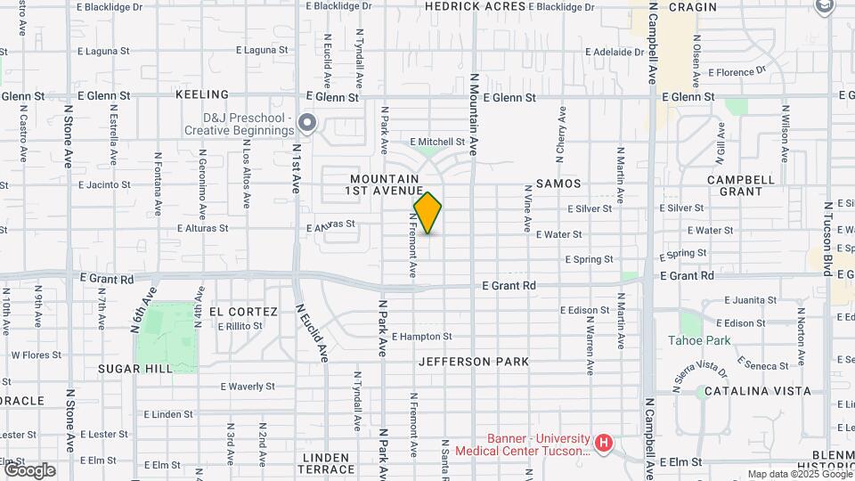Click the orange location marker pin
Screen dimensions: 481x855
[x=427, y=213]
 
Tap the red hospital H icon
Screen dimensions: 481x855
[x=604, y=443]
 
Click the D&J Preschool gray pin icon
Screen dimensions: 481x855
[x=307, y=123]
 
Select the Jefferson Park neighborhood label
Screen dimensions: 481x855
[x=474, y=362]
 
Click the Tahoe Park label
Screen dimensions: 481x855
[x=699, y=340]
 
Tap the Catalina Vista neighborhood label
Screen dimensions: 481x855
[x=757, y=391]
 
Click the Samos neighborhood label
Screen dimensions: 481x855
[x=558, y=183]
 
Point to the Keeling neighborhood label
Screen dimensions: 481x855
[x=202, y=94]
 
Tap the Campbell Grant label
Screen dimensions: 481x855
[x=741, y=184]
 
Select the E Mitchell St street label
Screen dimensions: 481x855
[x=437, y=142]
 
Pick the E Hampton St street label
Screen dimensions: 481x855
[x=422, y=337]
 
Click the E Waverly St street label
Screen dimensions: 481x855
[x=248, y=387]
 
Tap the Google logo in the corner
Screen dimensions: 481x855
[x=29, y=469]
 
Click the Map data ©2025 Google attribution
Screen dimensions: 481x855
[x=799, y=474]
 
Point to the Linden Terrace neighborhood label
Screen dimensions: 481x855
[x=327, y=462]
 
